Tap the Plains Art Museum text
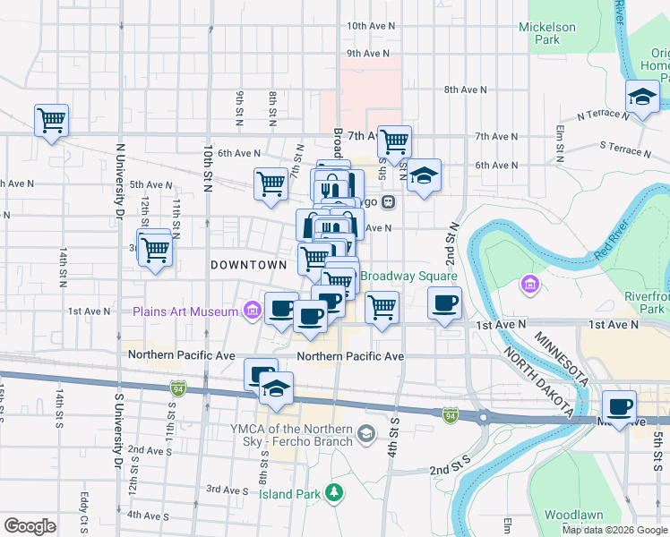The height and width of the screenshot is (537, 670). (186, 311)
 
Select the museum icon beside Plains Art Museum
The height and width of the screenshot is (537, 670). (253, 311)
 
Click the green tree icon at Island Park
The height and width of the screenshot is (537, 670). (334, 492)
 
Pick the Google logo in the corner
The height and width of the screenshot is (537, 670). (30, 525)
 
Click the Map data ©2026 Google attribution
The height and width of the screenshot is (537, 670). (614, 530)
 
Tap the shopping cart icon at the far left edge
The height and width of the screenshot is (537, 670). (51, 119)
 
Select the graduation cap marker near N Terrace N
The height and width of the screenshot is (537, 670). (642, 97)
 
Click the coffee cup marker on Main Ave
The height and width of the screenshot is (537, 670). (619, 406)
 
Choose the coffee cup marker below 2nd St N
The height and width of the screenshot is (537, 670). (445, 303)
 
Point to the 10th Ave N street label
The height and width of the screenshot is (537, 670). (368, 26)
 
